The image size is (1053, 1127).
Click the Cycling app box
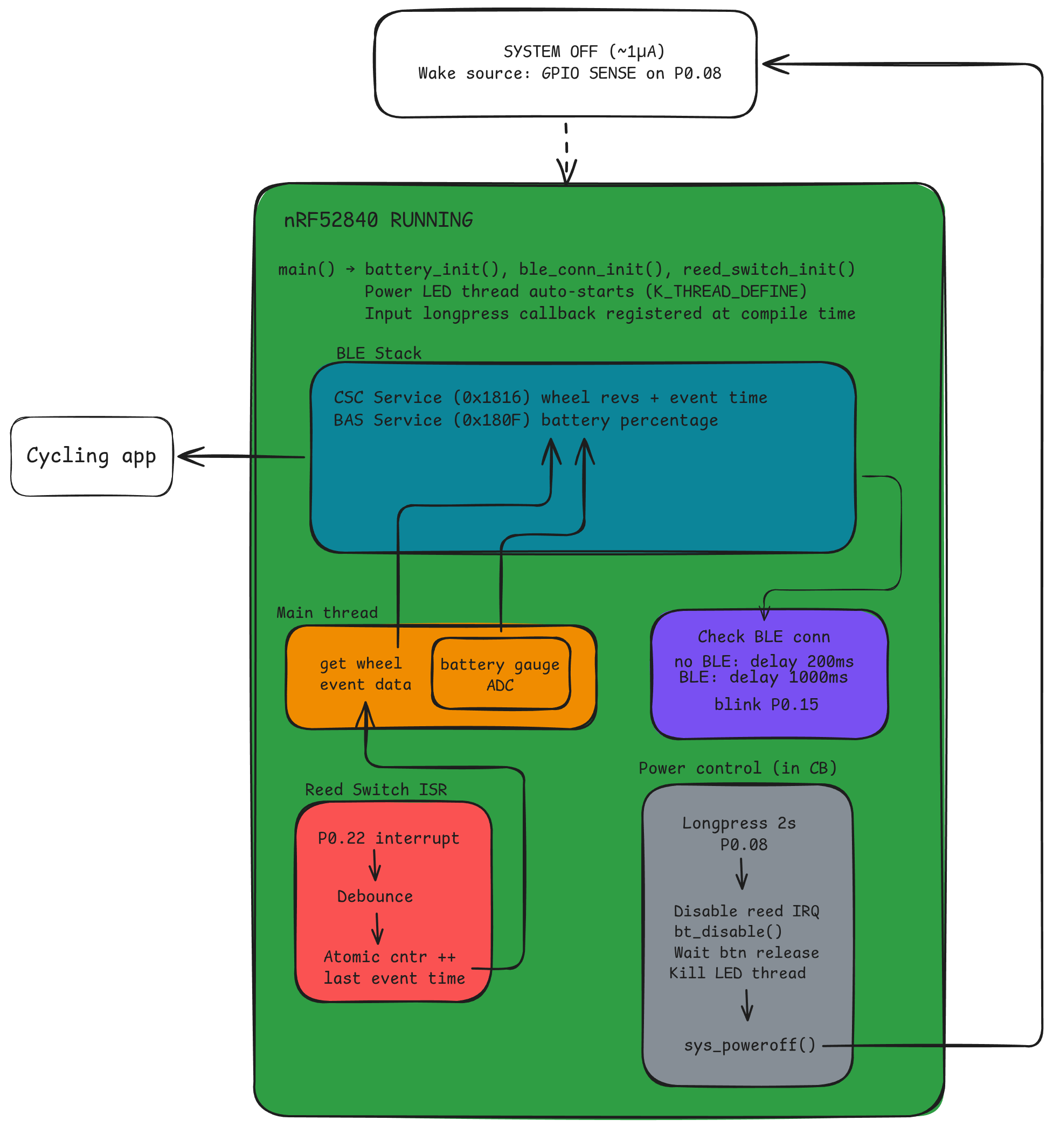tap(91, 456)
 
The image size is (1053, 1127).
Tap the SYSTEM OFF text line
tap(584, 52)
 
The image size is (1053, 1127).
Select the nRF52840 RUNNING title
tap(378, 220)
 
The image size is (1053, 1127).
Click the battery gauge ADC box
tap(500, 674)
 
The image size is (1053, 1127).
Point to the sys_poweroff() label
tap(749, 1044)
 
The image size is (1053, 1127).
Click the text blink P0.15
tap(766, 704)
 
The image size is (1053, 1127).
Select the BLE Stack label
tap(378, 353)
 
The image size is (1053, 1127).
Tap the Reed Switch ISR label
tap(376, 789)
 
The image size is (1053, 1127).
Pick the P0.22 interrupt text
tap(388, 838)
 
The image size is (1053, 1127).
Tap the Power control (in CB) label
tap(737, 768)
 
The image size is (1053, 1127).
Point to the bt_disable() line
tap(728, 931)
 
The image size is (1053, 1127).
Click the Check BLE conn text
tap(763, 637)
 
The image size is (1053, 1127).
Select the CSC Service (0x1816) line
tap(550, 398)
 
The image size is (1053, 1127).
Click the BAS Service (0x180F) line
tap(525, 420)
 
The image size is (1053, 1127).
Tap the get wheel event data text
tap(365, 673)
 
